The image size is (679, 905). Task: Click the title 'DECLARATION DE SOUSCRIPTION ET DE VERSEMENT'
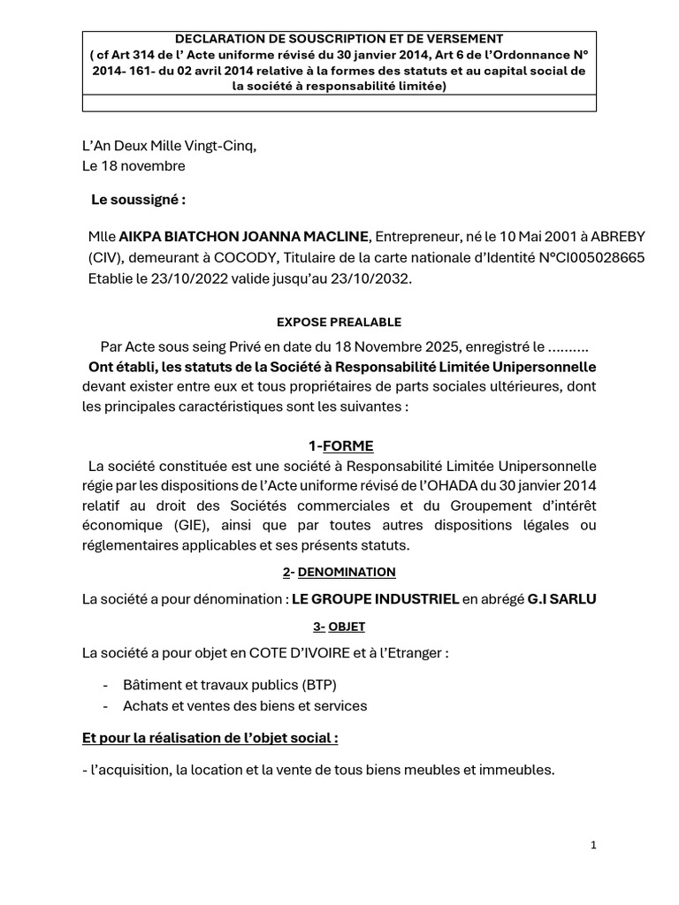tap(339, 39)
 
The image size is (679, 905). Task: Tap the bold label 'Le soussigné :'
tap(139, 200)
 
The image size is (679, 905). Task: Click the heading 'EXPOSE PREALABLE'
tap(339, 322)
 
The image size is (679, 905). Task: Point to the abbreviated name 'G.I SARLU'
tap(561, 599)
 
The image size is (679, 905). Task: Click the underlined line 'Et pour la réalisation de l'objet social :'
tap(210, 737)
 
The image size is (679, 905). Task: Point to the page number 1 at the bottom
tap(594, 846)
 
